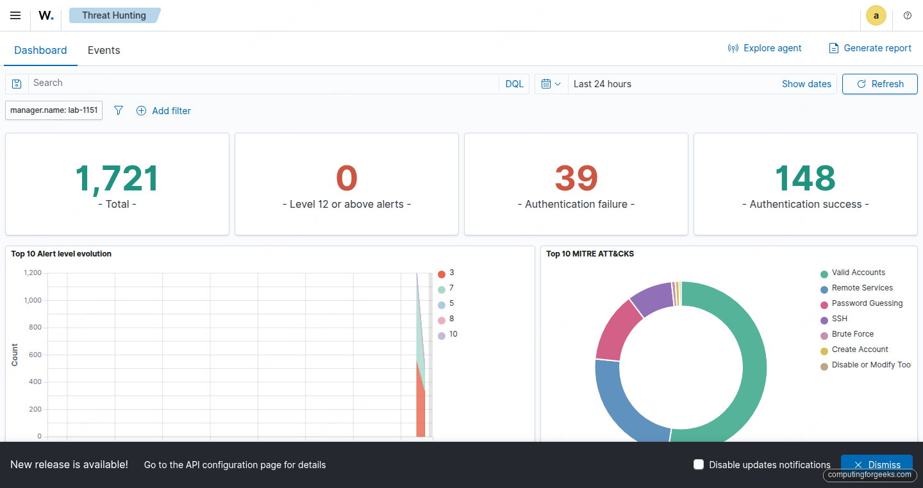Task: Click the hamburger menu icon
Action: tap(15, 15)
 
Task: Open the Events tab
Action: tap(104, 50)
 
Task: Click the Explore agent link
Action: tap(765, 48)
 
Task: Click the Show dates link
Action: tap(806, 84)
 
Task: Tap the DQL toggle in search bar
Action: tap(514, 84)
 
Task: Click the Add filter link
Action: tap(164, 111)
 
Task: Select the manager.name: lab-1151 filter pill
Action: tap(54, 110)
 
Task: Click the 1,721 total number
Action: tap(117, 178)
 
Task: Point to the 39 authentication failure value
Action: tap(576, 178)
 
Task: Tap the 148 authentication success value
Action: tap(805, 178)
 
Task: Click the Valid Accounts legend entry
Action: tap(858, 273)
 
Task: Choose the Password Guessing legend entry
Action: tap(867, 303)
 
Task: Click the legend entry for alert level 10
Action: tap(453, 334)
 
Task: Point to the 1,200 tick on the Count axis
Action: tap(33, 273)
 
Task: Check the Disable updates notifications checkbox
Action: tap(699, 464)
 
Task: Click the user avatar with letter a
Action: tap(876, 16)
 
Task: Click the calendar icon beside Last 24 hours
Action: tap(547, 84)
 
